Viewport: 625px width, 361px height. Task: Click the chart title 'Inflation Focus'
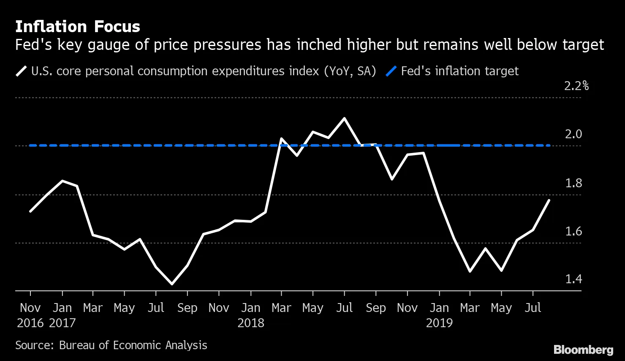[x=77, y=27]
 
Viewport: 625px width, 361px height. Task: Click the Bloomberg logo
[x=583, y=350]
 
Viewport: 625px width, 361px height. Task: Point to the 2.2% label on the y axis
[x=576, y=86]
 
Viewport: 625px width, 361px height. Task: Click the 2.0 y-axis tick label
[x=573, y=134]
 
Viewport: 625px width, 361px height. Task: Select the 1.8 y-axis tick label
[x=573, y=183]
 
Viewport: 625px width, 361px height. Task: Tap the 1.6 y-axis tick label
[x=573, y=232]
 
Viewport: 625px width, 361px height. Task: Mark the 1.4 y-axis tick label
[x=573, y=279]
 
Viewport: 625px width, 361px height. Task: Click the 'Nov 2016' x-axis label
[x=30, y=315]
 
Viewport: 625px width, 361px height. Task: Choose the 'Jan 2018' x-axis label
[x=251, y=315]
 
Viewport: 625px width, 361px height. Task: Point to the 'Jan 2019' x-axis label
[x=439, y=315]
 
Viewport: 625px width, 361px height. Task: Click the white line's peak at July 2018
[x=345, y=118]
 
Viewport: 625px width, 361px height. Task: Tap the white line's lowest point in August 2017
[x=172, y=284]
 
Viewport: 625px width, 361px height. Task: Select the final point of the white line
[x=549, y=200]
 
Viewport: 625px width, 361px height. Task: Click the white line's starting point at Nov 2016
[x=30, y=211]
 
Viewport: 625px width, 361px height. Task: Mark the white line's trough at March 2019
[x=470, y=271]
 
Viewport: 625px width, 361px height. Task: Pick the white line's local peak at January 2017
[x=62, y=181]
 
